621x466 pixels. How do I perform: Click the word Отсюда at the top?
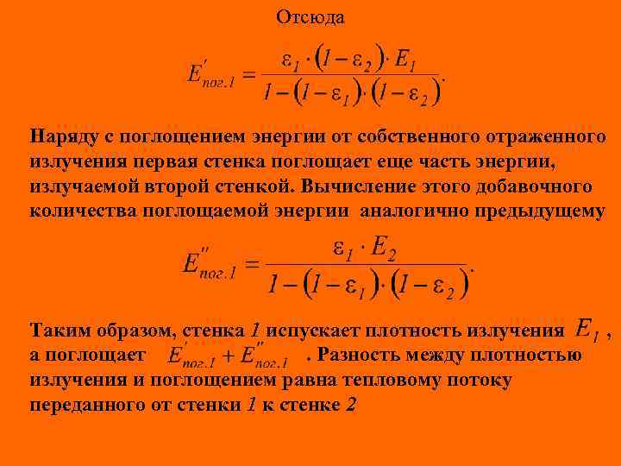click(x=310, y=17)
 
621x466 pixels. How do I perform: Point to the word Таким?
click(x=58, y=331)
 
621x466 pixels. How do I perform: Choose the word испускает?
click(x=315, y=331)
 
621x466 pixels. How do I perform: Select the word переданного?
click(x=90, y=405)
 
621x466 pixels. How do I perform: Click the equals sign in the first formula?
click(x=248, y=75)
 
